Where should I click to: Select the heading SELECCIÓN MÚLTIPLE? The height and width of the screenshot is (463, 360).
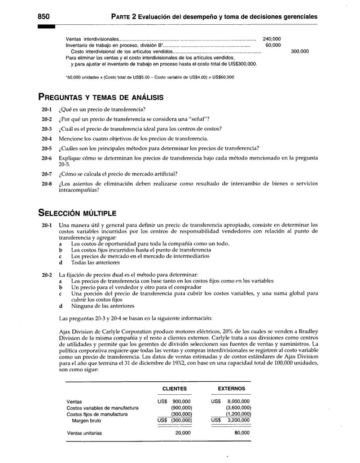click(77, 214)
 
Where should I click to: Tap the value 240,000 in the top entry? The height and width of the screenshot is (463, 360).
click(272, 39)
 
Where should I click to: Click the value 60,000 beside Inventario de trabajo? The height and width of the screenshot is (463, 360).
click(274, 45)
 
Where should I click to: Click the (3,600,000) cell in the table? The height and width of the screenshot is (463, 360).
click(238, 408)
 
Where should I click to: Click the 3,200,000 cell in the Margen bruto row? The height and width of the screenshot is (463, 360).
click(238, 420)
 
